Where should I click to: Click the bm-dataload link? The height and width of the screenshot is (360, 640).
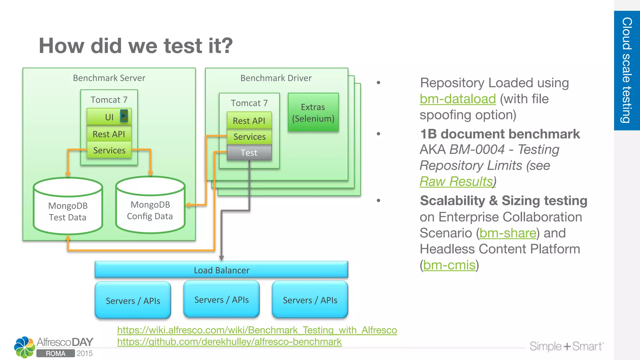[x=457, y=99]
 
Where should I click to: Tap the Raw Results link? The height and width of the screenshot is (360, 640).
[x=456, y=182]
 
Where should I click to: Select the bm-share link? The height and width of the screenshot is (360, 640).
[x=508, y=233]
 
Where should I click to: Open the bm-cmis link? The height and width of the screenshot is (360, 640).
[x=449, y=265]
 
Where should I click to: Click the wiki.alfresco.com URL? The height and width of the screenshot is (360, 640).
[x=257, y=330]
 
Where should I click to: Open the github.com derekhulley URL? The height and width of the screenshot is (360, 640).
[x=229, y=342]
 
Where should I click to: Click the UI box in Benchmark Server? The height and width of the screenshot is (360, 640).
[x=109, y=117]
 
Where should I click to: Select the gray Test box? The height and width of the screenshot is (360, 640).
[x=249, y=153]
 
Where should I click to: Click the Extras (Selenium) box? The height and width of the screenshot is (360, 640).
[x=313, y=113]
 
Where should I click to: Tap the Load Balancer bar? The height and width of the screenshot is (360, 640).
[x=221, y=270]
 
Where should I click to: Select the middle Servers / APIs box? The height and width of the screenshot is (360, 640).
[x=221, y=300]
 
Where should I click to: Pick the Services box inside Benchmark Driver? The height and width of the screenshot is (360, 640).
[x=249, y=137]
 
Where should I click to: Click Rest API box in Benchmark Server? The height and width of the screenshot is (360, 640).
[x=109, y=134]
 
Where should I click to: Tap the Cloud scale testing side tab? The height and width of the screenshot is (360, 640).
[x=627, y=70]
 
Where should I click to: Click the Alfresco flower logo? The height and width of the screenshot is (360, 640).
[x=24, y=347]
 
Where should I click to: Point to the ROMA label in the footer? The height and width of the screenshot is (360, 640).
[x=56, y=353]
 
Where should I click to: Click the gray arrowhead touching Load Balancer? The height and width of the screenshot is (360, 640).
[x=221, y=258]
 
